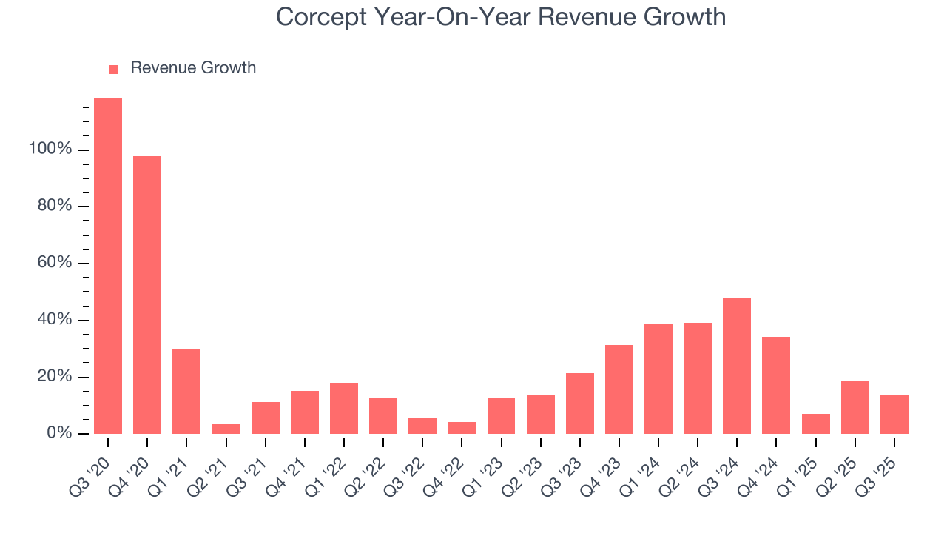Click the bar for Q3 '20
108,266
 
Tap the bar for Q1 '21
186,392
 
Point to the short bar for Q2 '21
226,429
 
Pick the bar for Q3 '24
737,366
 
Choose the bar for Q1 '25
815,424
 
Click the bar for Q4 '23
619,389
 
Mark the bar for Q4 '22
462,428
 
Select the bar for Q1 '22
344,409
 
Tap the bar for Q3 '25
894,415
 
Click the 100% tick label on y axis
50,150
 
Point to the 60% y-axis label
55,264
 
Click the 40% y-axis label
55,320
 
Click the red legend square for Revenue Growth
114,70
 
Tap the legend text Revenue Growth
193,68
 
